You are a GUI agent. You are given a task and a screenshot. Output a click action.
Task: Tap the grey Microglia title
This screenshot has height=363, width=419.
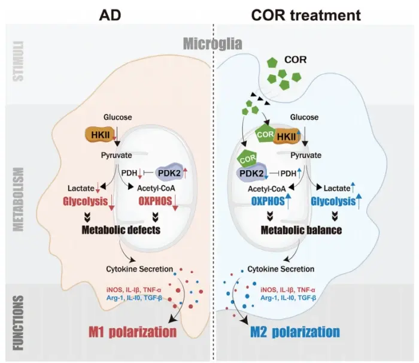[212, 43]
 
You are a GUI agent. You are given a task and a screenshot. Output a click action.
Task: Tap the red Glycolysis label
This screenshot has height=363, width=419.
[102, 202]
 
